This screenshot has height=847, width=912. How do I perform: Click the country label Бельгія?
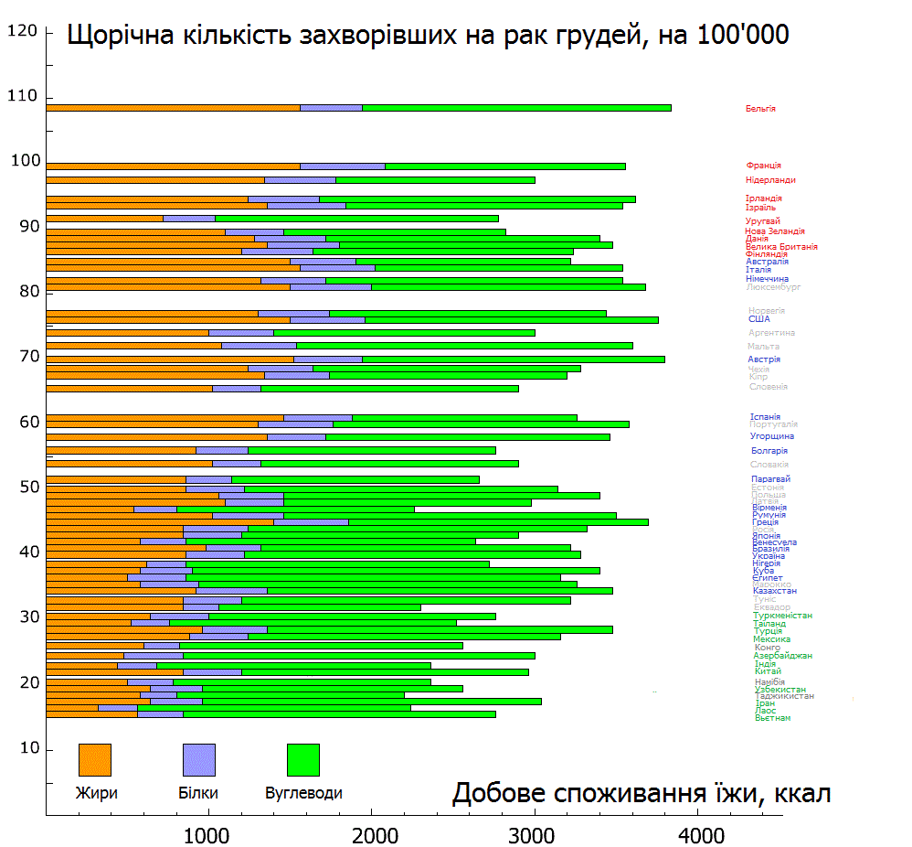click(x=760, y=109)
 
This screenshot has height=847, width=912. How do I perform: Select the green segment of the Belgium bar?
click(x=516, y=108)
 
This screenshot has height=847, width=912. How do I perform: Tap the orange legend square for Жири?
click(x=95, y=759)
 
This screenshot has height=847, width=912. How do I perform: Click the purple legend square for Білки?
click(x=199, y=759)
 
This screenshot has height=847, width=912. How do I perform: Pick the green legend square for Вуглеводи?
click(x=303, y=759)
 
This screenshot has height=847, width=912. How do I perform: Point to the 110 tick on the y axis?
click(x=24, y=96)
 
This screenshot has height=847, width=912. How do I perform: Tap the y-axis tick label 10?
click(x=28, y=748)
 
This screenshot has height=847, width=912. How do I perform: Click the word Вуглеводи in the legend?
click(x=303, y=793)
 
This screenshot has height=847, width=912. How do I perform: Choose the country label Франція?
click(x=763, y=166)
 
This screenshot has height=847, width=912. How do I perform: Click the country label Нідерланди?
click(x=770, y=180)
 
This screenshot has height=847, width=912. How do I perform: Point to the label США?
click(x=758, y=319)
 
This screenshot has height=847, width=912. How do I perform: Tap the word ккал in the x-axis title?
click(x=801, y=793)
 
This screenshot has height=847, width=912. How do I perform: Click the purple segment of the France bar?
click(x=343, y=166)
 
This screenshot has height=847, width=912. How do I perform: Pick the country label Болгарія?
click(x=769, y=451)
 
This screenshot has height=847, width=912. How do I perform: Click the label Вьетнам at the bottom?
click(x=772, y=718)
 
